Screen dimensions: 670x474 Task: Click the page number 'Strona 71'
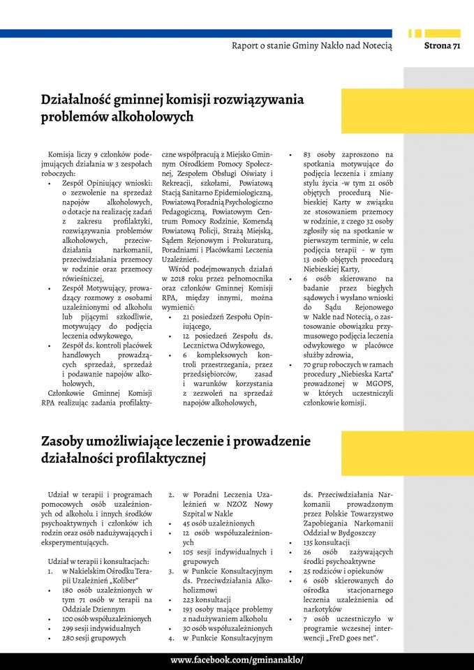click(443, 46)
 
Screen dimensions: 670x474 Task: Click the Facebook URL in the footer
click(237, 660)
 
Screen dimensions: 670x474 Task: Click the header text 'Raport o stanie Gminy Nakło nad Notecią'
click(312, 46)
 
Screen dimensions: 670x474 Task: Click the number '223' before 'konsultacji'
click(188, 599)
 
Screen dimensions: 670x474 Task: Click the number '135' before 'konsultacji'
click(309, 542)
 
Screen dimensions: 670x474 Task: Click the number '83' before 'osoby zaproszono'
click(307, 154)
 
